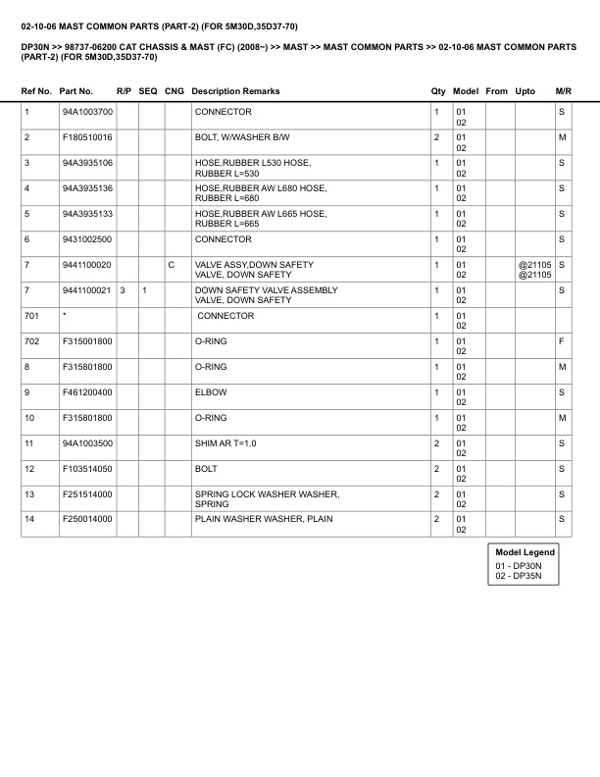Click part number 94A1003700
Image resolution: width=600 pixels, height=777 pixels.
click(87, 113)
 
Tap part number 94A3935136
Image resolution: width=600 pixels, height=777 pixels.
click(87, 187)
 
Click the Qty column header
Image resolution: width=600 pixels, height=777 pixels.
click(437, 91)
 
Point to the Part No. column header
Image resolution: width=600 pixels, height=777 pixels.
click(76, 91)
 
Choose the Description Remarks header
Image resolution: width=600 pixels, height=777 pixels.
click(235, 91)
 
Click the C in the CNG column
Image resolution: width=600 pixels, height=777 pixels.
click(172, 265)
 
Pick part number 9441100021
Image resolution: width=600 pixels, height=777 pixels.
click(87, 290)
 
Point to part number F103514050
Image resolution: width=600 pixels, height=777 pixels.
click(87, 468)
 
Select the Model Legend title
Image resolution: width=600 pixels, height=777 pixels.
click(525, 552)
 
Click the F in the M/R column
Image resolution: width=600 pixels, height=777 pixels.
click(562, 340)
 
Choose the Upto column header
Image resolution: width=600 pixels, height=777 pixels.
click(525, 91)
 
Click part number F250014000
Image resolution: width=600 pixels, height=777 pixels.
click(87, 518)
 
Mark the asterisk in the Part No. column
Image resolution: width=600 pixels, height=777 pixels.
click(64, 315)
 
